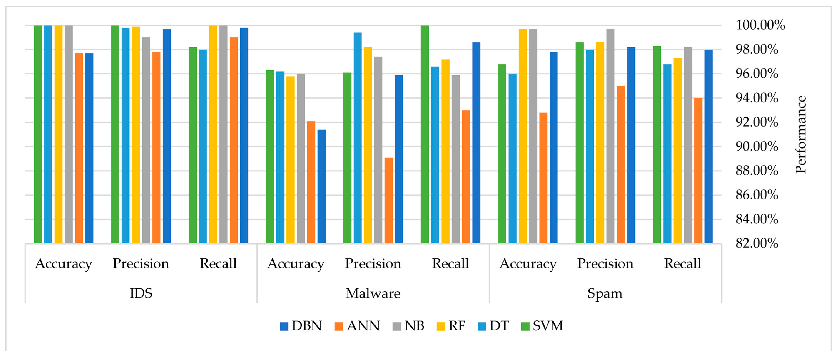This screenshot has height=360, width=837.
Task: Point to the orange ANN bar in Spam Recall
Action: coord(698,171)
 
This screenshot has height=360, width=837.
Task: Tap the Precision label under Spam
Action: coord(605,263)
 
